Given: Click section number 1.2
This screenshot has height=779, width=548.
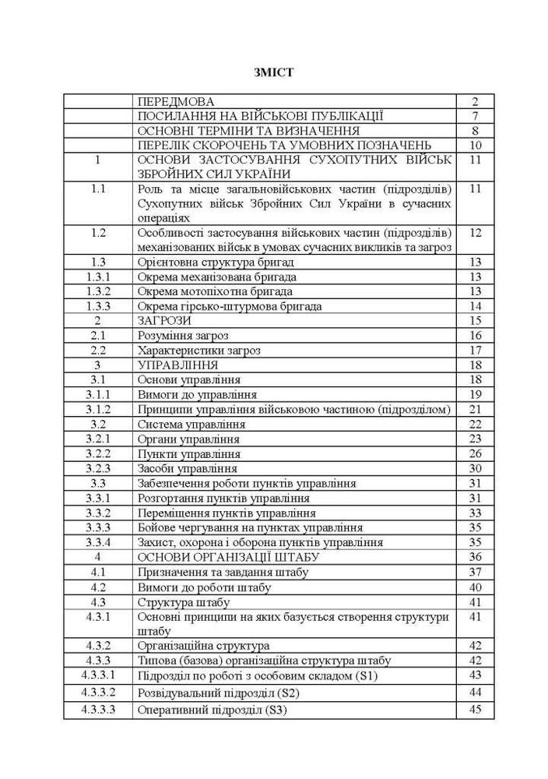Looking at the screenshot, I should [x=98, y=232].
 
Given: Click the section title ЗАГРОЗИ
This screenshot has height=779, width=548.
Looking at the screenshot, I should [x=163, y=320].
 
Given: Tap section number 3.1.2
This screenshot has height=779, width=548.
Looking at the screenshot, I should [x=98, y=409].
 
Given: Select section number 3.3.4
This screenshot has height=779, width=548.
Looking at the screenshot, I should [x=98, y=541].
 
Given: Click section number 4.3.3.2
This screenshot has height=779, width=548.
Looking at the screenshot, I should [x=98, y=692].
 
